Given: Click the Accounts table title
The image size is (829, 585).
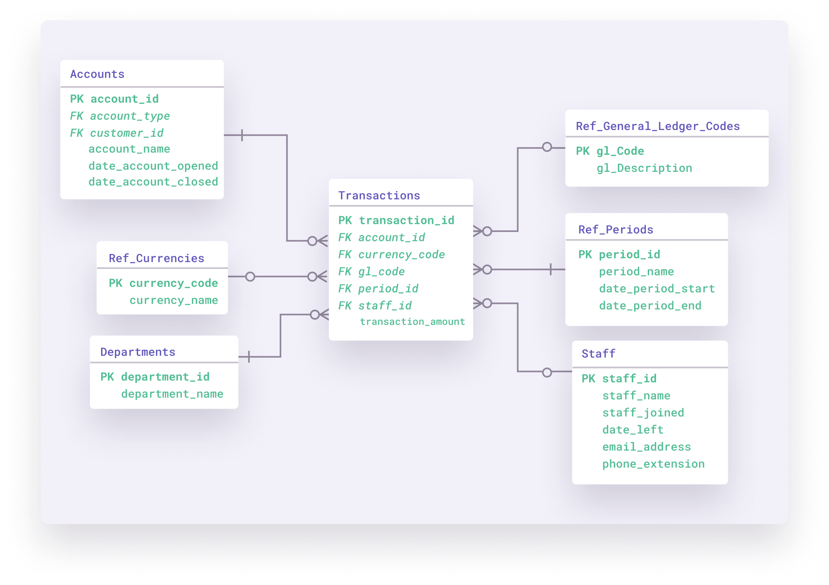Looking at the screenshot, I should pos(97,74).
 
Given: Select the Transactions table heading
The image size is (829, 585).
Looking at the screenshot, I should pos(379,195).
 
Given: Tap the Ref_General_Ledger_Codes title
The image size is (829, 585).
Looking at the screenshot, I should pos(657,126).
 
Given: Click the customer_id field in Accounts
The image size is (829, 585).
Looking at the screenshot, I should pos(126,133).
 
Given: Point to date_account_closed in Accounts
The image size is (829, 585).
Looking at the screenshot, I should pos(153,182).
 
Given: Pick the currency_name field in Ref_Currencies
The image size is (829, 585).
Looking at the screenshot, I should pos(173,300).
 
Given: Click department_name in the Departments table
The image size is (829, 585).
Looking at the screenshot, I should pos(172,394).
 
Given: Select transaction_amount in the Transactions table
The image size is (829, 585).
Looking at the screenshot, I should pos(412,322).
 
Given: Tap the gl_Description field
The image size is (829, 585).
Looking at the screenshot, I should pos(644,168).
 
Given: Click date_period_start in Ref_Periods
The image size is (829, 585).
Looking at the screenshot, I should pos(656,288).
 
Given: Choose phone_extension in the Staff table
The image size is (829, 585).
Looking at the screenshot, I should pos(653,464).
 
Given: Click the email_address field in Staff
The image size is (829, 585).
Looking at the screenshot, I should pos(646,446).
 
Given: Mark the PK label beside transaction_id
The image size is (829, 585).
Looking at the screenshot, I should pos(345,220).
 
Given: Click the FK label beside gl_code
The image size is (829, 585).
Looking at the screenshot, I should pos(345,271).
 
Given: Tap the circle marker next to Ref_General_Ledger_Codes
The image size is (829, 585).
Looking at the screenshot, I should pos(547,147).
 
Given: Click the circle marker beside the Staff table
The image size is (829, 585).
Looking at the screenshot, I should pos(547,372).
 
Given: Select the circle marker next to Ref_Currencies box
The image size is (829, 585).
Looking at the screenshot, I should pos(250,277).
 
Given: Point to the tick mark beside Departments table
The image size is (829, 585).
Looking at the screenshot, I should pos(248,357).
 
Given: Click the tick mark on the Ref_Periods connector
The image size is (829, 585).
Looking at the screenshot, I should pos(551,269).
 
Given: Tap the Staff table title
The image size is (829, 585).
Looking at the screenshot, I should pos(598,353).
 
